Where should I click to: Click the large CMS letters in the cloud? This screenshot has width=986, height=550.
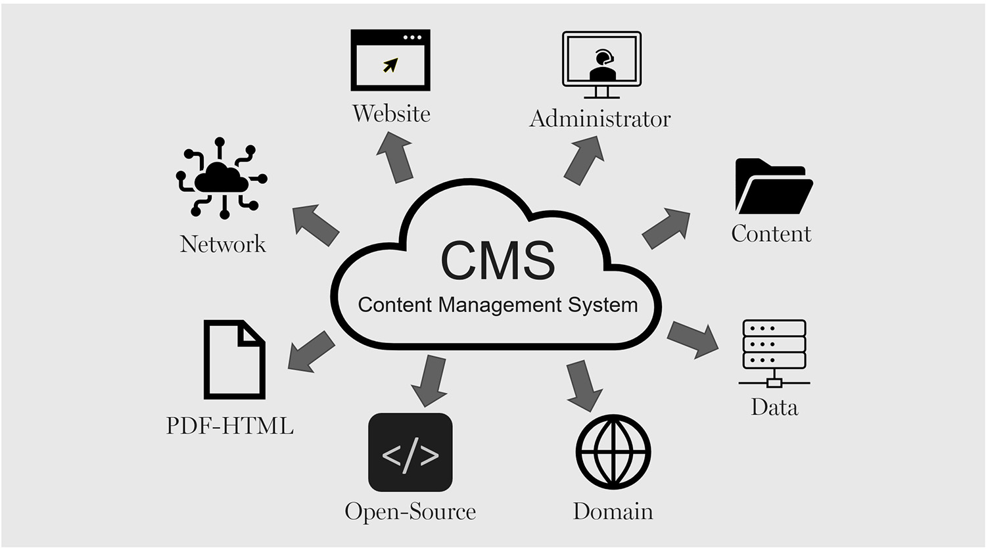pos(498,261)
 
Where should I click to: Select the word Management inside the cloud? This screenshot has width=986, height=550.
pos(500,306)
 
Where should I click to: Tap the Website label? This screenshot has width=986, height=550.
pos(391,114)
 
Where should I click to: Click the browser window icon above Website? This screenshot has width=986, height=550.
pos(390,60)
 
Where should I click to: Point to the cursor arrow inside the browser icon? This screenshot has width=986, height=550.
pos(390,65)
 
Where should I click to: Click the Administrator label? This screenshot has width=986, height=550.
pos(599,119)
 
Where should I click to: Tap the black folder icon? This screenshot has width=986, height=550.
pos(773,187)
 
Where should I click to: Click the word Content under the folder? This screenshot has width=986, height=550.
pos(771,234)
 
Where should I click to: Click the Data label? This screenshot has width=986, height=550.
pos(774,407)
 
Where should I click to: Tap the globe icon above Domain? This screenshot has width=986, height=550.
pos(613,452)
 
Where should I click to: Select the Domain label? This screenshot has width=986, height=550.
pos(613,511)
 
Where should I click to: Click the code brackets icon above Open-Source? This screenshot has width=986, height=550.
pos(410,453)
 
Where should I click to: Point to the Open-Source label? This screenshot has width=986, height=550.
pos(410,511)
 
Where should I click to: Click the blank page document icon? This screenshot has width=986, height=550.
pos(234,359)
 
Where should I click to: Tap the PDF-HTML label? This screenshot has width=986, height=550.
pos(229,426)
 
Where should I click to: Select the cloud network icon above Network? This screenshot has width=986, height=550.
pos(222,177)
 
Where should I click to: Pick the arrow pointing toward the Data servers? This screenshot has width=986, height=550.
pos(693,338)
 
